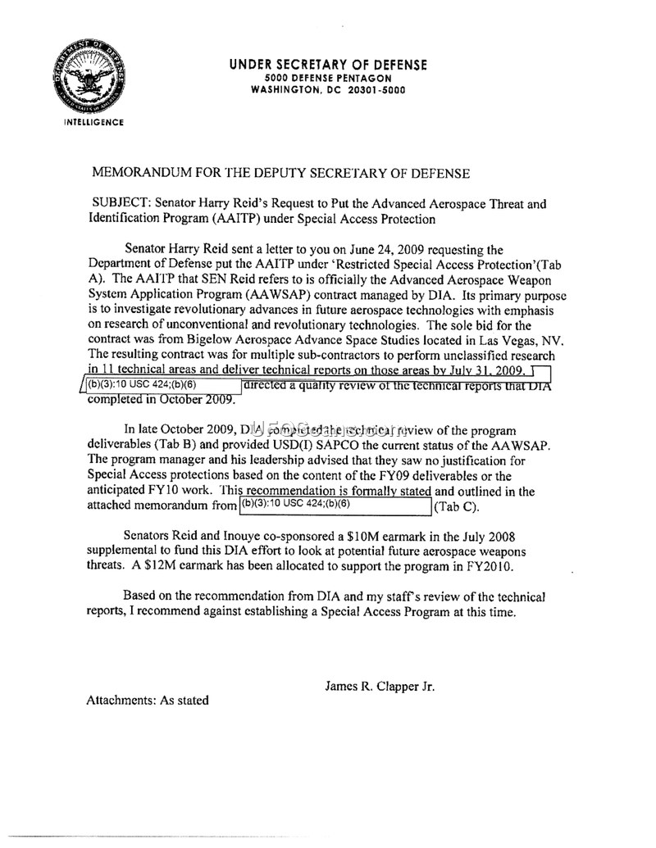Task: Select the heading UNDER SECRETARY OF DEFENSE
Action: pyautogui.click(x=328, y=65)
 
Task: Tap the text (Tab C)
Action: pyautogui.click(x=457, y=506)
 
